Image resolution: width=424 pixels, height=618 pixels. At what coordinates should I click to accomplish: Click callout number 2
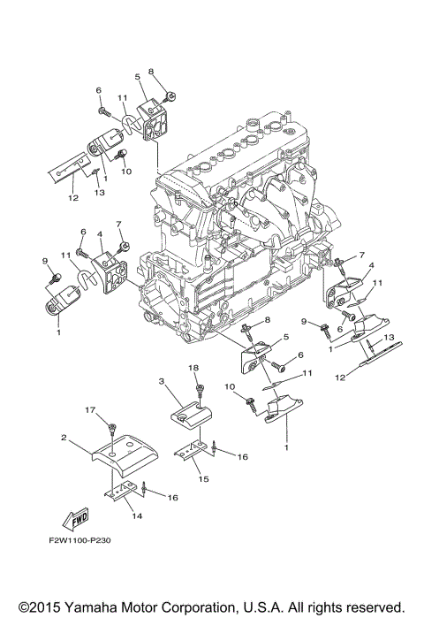[x=64, y=438]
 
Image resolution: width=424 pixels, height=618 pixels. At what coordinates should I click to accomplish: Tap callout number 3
[x=162, y=380]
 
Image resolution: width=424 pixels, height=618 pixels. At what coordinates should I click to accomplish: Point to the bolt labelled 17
[x=111, y=428]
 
